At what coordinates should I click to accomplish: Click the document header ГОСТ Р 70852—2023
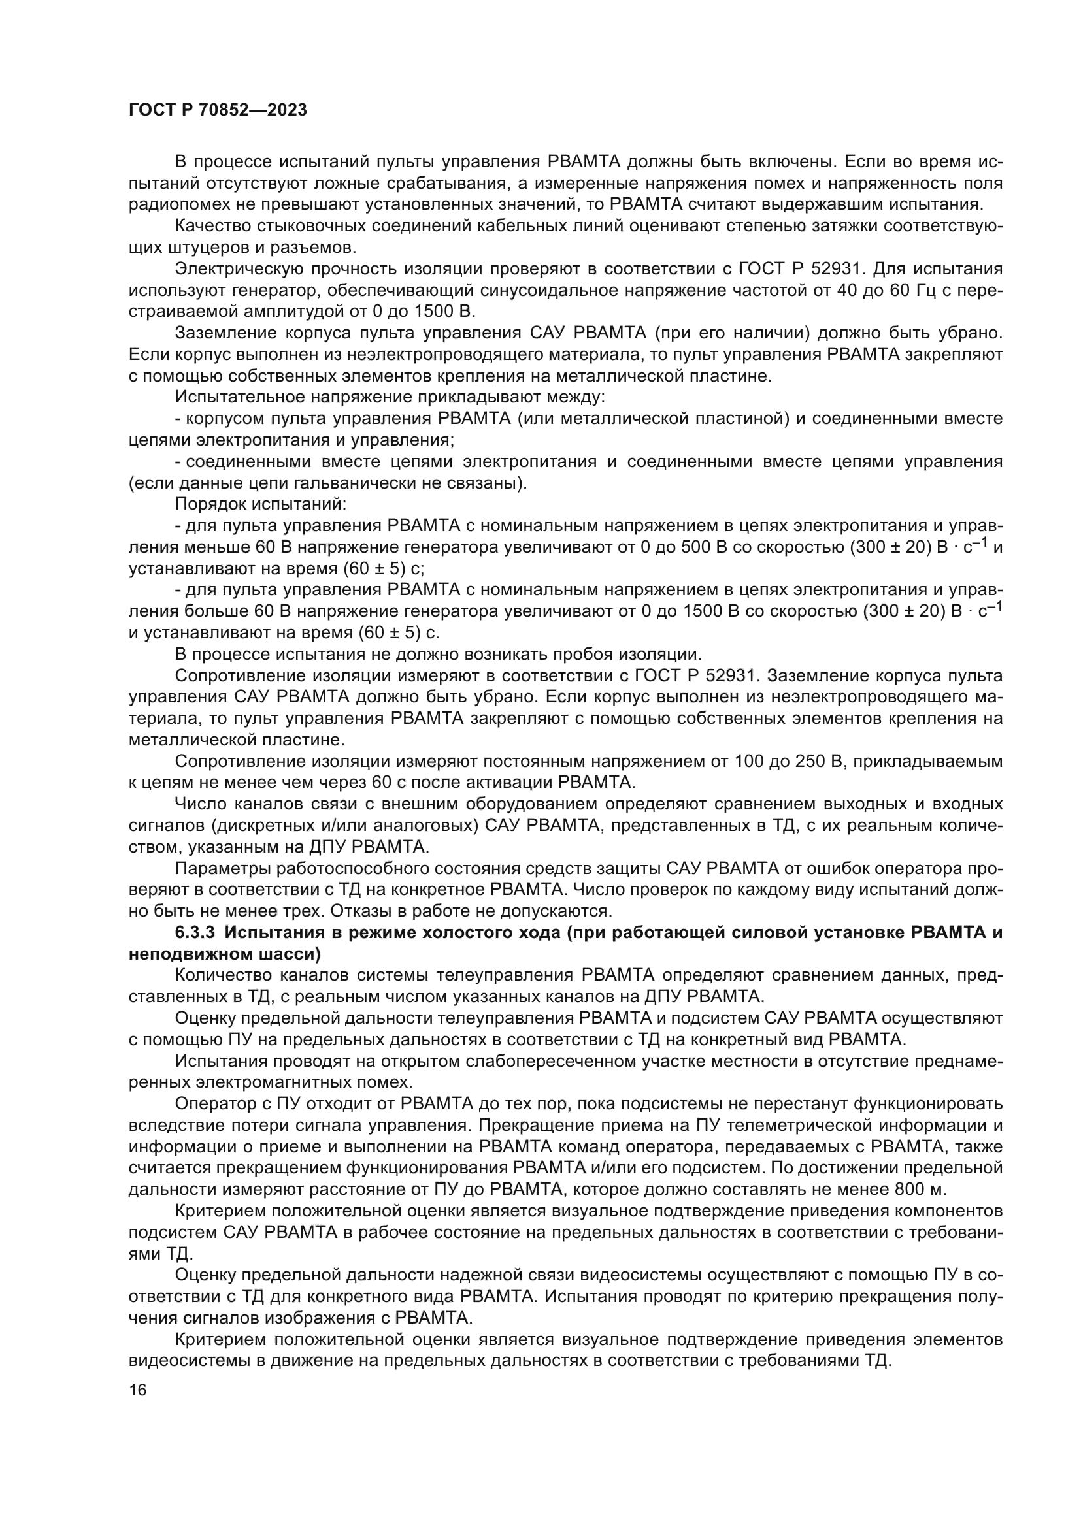click(x=218, y=110)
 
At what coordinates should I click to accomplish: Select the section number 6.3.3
click(x=195, y=932)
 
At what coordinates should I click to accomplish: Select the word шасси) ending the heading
click(x=291, y=954)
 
